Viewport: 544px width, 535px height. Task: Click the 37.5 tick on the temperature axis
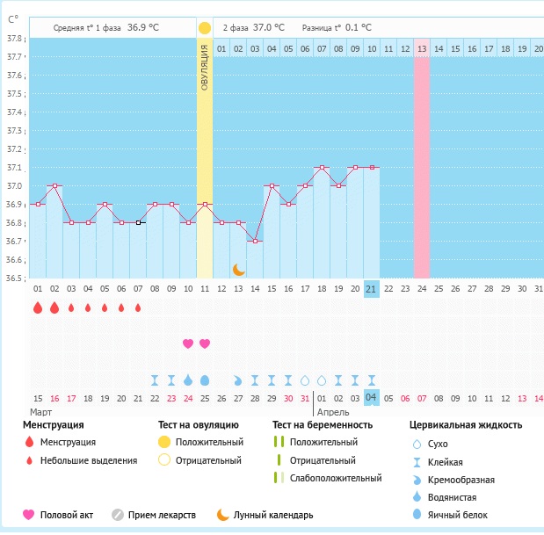click(x=15, y=94)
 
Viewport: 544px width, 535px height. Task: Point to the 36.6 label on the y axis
click(x=15, y=260)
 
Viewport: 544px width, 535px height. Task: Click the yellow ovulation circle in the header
click(x=205, y=28)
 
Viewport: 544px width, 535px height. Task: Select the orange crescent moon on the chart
click(x=238, y=269)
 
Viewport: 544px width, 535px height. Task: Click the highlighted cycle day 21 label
click(x=371, y=288)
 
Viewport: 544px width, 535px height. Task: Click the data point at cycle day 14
click(x=255, y=241)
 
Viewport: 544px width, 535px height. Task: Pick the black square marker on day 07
click(x=138, y=222)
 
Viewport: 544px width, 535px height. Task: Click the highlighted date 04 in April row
click(x=371, y=398)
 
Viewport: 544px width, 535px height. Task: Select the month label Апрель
click(x=332, y=412)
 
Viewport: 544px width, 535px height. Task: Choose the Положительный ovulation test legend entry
click(x=208, y=442)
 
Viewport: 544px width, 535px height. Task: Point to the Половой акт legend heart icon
click(x=28, y=515)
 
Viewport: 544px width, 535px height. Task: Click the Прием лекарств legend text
click(x=162, y=515)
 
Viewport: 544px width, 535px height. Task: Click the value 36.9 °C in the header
click(x=144, y=28)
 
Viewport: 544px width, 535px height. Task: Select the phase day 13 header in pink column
click(x=422, y=48)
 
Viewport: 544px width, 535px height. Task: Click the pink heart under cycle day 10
click(x=188, y=343)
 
